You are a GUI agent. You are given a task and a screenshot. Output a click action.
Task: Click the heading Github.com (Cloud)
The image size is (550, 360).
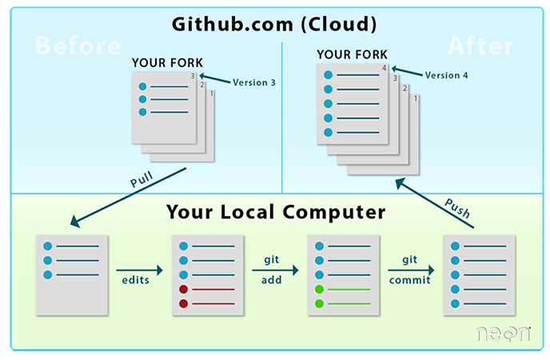274,24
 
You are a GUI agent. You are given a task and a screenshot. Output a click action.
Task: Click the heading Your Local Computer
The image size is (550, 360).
276,213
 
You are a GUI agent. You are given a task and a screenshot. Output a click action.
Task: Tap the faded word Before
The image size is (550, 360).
78,46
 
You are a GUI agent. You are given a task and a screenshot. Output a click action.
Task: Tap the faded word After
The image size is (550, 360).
479,46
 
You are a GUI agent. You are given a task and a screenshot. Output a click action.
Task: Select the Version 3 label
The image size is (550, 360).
253,82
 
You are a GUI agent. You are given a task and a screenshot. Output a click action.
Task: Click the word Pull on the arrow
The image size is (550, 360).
141,181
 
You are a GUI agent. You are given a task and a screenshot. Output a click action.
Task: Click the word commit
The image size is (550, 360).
410,281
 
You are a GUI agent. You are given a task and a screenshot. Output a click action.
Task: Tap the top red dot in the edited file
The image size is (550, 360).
185,289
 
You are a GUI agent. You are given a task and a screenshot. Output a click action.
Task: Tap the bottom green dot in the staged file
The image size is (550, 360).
320,303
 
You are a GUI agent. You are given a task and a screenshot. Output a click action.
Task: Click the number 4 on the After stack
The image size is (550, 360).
385,70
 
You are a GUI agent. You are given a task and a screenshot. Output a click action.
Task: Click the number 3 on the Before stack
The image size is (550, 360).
193,76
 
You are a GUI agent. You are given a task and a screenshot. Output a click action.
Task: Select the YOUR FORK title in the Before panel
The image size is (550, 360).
168,62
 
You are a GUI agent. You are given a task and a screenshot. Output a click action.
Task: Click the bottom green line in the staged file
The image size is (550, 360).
349,303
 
